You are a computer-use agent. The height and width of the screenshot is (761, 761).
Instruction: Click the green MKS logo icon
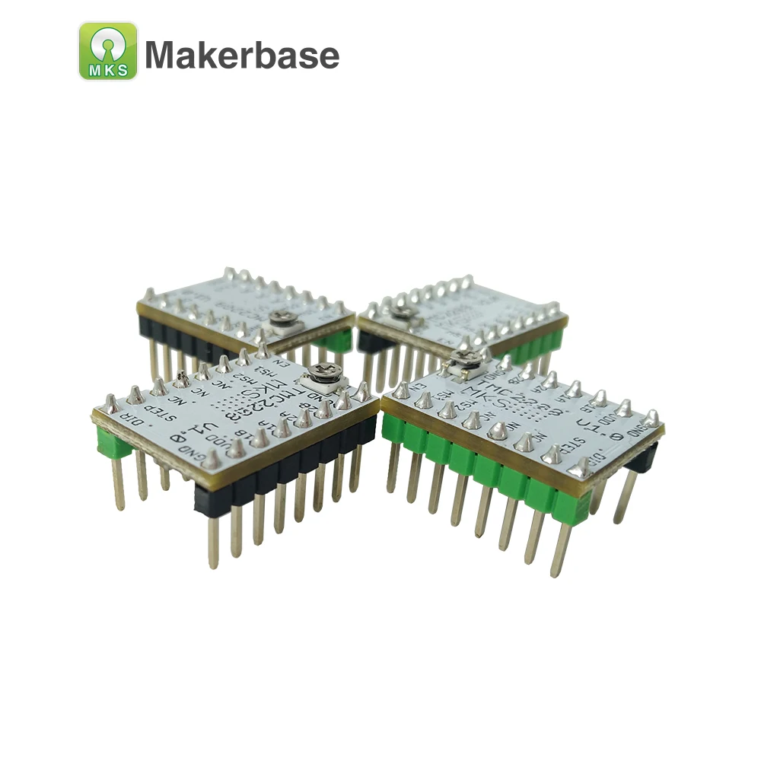tap(108, 51)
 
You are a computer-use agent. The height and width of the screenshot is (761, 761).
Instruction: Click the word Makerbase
tap(242, 55)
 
